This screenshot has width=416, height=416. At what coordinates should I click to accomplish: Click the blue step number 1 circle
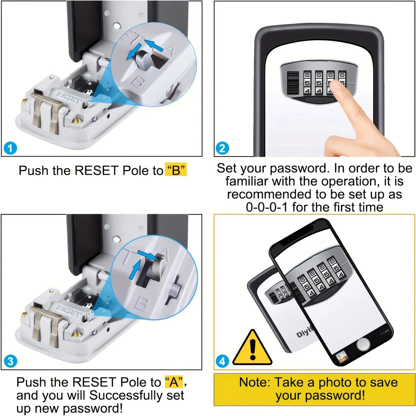[10, 148]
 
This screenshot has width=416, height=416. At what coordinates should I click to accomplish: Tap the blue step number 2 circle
[222, 148]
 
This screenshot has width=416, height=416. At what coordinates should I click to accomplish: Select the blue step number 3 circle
[10, 361]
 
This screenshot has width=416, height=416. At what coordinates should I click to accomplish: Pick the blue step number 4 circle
[222, 361]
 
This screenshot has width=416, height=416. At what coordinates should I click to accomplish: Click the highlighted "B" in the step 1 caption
[176, 170]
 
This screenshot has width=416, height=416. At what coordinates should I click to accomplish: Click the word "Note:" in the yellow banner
[255, 382]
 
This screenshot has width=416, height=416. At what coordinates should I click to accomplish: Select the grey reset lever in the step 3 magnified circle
[152, 272]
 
